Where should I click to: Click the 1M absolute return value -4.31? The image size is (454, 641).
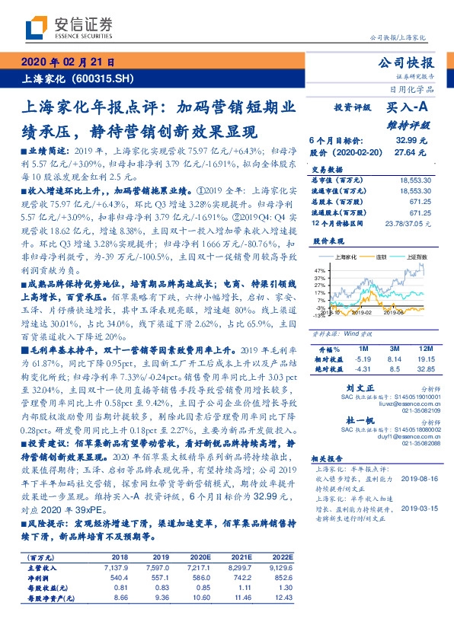[x=363, y=368]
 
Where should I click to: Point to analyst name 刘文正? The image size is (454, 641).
[x=347, y=387]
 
